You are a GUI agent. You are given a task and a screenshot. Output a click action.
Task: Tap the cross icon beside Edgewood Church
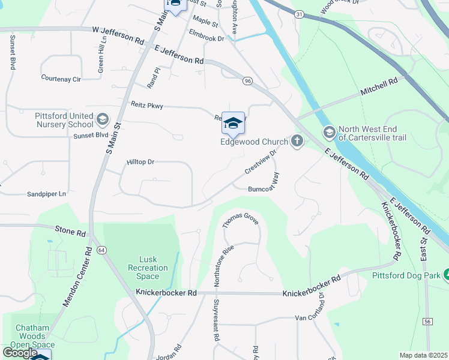[x=296, y=141]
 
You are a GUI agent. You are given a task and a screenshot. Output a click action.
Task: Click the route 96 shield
[x=247, y=80]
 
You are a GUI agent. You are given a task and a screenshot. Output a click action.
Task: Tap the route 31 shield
[x=299, y=14]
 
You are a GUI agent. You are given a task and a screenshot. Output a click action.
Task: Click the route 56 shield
[x=427, y=322]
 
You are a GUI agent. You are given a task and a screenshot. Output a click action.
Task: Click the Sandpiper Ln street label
[x=46, y=194]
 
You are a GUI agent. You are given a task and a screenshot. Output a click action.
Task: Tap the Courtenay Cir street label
[x=61, y=79]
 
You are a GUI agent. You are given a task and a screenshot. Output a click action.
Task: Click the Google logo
[x=20, y=352]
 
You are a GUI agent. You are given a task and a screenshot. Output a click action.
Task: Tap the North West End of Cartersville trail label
[x=372, y=133]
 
